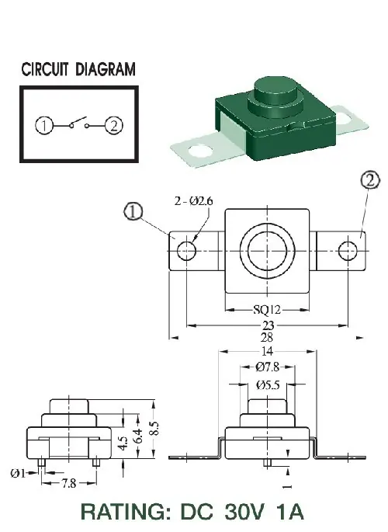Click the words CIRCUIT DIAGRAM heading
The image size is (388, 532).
pyautogui.click(x=78, y=69)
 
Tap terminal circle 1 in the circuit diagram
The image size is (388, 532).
pyautogui.click(x=44, y=126)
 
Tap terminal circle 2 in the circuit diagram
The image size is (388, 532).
pyautogui.click(x=114, y=126)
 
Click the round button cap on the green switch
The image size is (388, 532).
pyautogui.click(x=275, y=89)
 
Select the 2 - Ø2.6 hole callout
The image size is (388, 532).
pyautogui.click(x=194, y=201)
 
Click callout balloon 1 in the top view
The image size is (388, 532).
pyautogui.click(x=133, y=211)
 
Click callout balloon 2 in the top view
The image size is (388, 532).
pyautogui.click(x=370, y=180)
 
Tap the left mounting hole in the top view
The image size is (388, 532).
pyautogui.click(x=186, y=251)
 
